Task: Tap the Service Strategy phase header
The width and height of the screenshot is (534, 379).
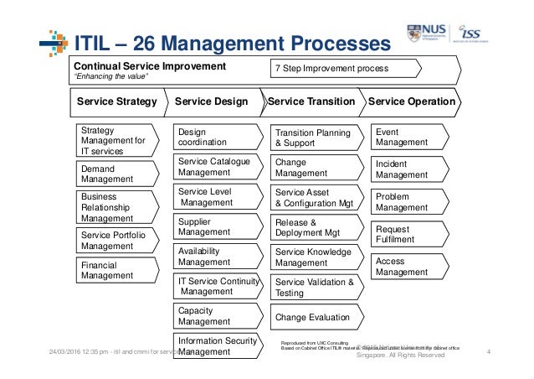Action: coord(117,101)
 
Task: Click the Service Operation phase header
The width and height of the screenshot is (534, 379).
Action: coord(412,101)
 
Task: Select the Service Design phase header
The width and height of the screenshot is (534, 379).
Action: coord(212,101)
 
